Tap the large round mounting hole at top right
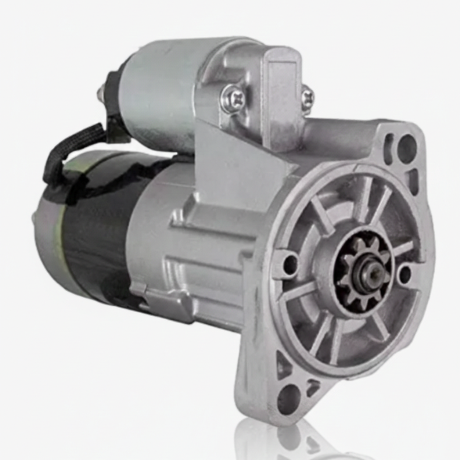click(407, 148)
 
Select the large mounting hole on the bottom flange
click(289, 398)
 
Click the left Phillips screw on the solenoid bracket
click(234, 98)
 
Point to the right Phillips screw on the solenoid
click(307, 97)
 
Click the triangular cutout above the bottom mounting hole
click(283, 364)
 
